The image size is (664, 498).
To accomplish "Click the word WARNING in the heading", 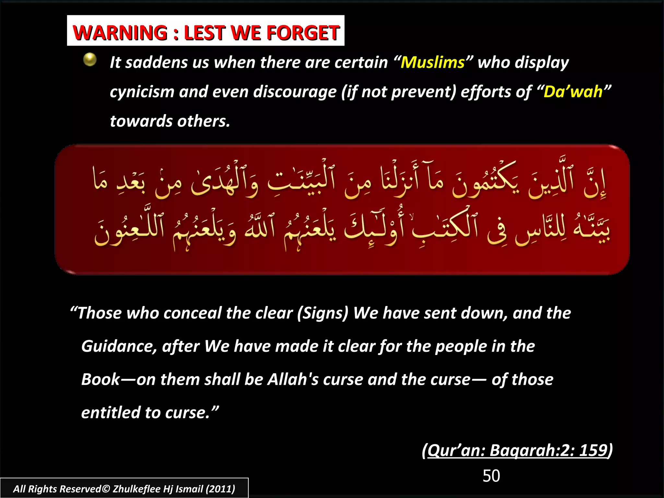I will (120, 33).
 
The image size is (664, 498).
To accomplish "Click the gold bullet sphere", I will (90, 60).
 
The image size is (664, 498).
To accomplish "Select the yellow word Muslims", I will (433, 62).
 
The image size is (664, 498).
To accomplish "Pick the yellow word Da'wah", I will (573, 92).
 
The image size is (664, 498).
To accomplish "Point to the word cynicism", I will (142, 92).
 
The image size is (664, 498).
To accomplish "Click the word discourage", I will (294, 92).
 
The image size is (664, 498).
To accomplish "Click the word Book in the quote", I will (101, 379).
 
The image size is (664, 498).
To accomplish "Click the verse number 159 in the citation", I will (593, 450).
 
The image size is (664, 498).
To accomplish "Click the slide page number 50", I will (491, 476).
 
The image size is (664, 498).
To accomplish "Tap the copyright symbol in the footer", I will (106, 489).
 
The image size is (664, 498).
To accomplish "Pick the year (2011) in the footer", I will (221, 489).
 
